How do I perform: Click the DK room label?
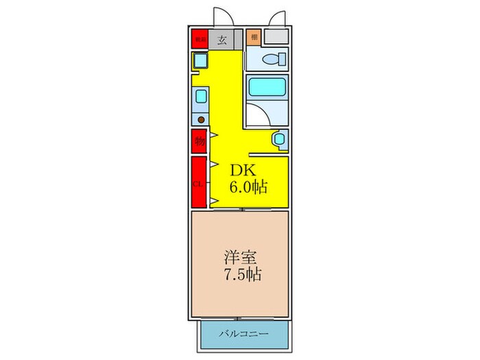[x=241, y=169]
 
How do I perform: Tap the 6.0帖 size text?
[x=248, y=186]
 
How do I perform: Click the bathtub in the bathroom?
[x=266, y=88]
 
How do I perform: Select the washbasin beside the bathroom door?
[x=279, y=140]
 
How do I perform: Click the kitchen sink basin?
[x=201, y=97]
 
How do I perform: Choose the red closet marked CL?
[x=199, y=182]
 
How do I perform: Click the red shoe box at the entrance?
[x=200, y=39]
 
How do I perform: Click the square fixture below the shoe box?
[x=200, y=62]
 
